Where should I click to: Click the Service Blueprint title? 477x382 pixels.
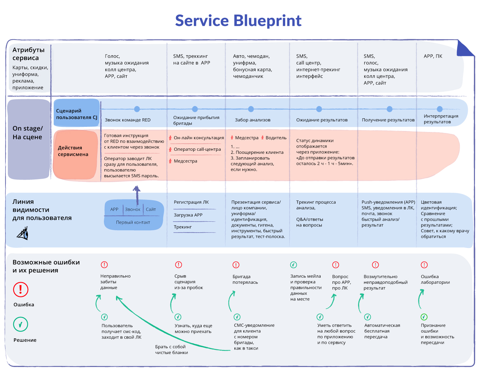click(238, 21)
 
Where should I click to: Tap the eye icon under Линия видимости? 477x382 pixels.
click(23, 234)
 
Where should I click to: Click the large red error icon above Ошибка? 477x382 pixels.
click(20, 290)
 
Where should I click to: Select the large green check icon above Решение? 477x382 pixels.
click(20, 324)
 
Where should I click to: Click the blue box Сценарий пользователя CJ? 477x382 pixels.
click(76, 114)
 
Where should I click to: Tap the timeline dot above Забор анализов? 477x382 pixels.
click(251, 109)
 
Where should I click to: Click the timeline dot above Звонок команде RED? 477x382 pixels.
click(137, 109)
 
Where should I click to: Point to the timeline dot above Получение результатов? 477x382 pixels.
click(389, 109)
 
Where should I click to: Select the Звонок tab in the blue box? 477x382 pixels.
click(133, 209)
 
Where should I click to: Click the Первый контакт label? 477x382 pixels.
click(133, 222)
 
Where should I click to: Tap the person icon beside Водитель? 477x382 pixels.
click(263, 138)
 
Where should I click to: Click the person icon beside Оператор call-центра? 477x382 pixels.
click(170, 149)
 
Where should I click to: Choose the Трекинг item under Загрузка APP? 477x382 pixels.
click(183, 227)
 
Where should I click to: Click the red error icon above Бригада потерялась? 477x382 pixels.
click(236, 265)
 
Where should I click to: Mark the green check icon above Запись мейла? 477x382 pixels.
click(293, 265)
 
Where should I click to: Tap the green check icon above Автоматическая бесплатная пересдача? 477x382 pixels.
click(368, 317)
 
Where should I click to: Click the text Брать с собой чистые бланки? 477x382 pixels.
click(171, 350)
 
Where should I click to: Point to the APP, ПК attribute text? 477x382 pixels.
click(433, 56)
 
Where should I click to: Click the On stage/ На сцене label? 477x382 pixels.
click(27, 133)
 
